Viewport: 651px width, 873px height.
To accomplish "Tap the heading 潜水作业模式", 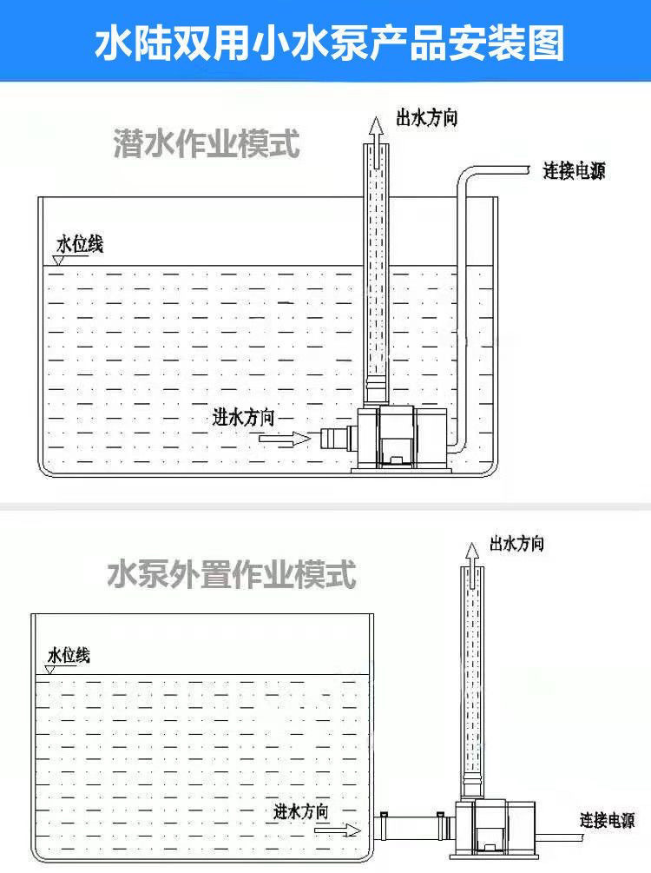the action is point(207,144).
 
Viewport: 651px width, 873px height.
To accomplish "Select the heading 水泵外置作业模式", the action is point(232,574).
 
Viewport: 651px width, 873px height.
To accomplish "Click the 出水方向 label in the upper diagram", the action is point(426,119).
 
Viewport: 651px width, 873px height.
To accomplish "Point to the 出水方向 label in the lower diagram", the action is point(516,544).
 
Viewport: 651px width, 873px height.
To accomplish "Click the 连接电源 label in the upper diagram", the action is point(574,171).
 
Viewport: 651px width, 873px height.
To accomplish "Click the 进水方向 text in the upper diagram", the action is point(244,417).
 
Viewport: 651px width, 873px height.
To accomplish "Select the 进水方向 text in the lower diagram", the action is point(300,812).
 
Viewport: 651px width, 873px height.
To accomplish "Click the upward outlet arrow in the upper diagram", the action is point(376,129).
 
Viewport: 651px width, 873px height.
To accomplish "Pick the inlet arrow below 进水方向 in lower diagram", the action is point(338,830).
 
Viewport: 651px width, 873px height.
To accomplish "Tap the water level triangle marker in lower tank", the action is point(50,670).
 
